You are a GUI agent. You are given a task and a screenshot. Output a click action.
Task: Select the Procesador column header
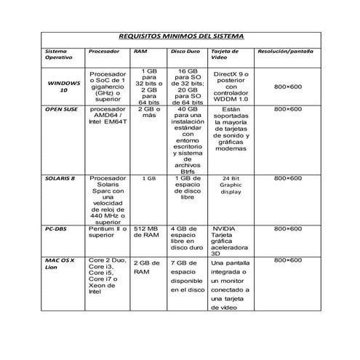pos(103,52)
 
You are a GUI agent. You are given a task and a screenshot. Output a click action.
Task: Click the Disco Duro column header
pos(183,52)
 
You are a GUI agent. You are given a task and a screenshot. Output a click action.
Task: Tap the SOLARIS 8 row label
pos(62,178)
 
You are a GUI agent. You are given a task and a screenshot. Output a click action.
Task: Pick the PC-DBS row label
pos(56,228)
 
